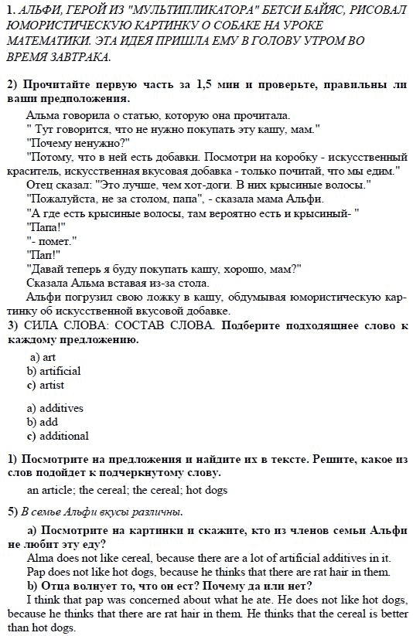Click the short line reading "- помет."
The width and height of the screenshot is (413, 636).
(x=49, y=240)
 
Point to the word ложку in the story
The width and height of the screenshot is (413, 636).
(x=138, y=297)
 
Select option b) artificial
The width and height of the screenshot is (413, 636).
(x=53, y=371)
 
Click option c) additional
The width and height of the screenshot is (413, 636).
(x=57, y=436)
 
